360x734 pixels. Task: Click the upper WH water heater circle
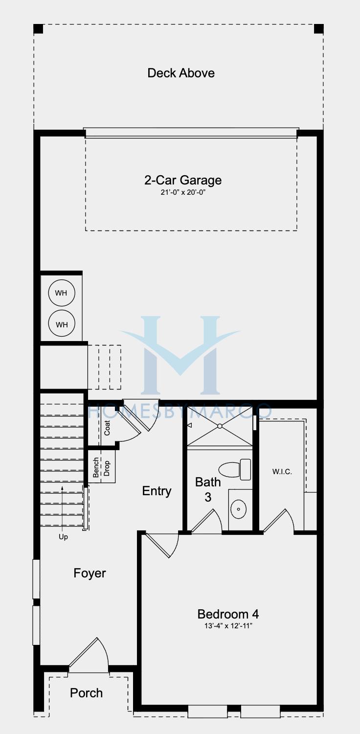point(62,293)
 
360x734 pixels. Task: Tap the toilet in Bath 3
point(235,469)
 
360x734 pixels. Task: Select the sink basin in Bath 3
point(239,509)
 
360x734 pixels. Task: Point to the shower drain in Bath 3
point(220,426)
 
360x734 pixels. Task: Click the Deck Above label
point(181,73)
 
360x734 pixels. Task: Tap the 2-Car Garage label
point(183,180)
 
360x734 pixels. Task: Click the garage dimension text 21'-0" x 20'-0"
point(183,192)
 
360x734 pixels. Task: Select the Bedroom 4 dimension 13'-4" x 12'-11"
point(228,626)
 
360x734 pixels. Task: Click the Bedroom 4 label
point(228,614)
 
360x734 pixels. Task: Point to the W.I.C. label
point(282,472)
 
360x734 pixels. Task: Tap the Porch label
point(86,693)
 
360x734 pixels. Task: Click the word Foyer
point(90,573)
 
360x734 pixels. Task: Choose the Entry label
point(157,491)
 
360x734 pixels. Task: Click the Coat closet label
point(107,428)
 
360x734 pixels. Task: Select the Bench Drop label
point(101,468)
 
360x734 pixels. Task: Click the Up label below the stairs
point(63,537)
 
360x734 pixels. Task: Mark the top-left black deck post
point(38,29)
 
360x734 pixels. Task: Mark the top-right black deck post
point(319,29)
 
